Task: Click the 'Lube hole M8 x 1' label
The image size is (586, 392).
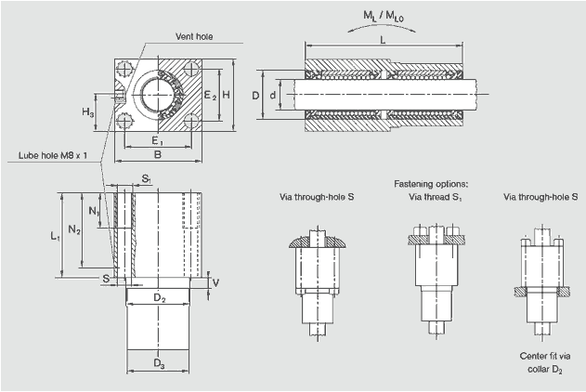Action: pyautogui.click(x=52, y=155)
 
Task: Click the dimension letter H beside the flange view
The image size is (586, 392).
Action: pyautogui.click(x=226, y=95)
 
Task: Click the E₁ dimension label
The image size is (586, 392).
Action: pyautogui.click(x=158, y=140)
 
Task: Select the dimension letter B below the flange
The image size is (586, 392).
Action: pyautogui.click(x=157, y=155)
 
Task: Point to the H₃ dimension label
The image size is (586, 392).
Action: pyautogui.click(x=87, y=111)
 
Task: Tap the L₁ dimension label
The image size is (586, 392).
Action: pyautogui.click(x=55, y=236)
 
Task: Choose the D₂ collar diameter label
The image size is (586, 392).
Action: pyautogui.click(x=159, y=298)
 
